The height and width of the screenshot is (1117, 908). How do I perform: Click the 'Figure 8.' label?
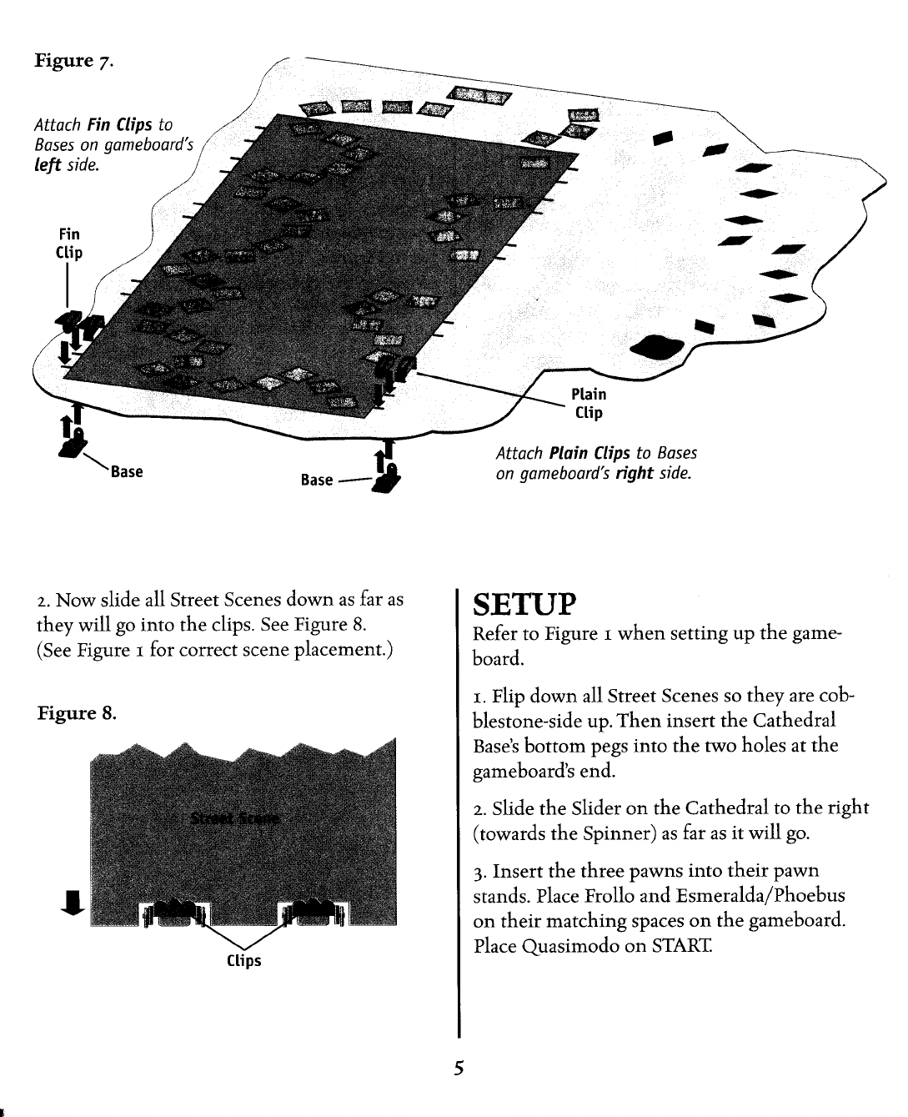[x=76, y=714]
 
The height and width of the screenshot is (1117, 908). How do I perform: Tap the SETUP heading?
[x=524, y=602]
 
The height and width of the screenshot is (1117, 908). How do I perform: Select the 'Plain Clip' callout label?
[x=588, y=403]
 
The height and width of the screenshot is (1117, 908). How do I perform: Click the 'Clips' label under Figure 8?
[x=244, y=960]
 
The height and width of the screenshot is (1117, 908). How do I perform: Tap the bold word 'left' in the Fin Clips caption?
[x=48, y=165]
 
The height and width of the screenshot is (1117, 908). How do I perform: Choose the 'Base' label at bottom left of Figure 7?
[x=128, y=472]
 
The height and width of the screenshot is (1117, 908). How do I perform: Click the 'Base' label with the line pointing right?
[x=317, y=480]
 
